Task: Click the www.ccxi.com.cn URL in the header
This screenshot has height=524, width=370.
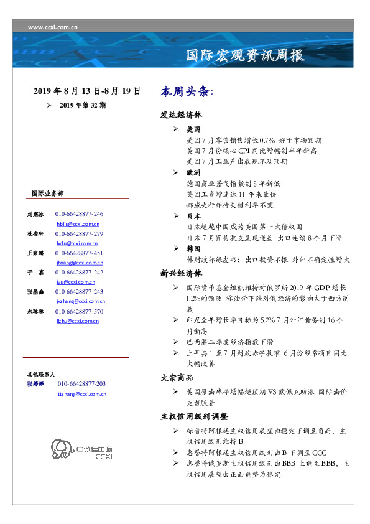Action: [53, 27]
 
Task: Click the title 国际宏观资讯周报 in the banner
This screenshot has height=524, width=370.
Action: [246, 55]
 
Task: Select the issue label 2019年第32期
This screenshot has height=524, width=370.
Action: [83, 106]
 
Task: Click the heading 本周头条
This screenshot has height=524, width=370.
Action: [187, 91]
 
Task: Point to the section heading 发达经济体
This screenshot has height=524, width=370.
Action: [181, 115]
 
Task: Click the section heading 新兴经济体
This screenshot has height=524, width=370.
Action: [181, 273]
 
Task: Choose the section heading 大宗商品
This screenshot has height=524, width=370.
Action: [177, 378]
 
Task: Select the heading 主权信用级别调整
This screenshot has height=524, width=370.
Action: [194, 416]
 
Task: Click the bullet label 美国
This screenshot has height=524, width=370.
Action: [193, 129]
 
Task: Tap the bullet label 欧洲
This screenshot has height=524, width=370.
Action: [193, 172]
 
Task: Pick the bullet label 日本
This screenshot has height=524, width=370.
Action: [193, 216]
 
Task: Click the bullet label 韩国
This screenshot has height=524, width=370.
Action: [193, 248]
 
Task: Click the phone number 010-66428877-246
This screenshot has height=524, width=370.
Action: [79, 213]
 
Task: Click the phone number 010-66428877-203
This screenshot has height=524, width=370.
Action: [81, 384]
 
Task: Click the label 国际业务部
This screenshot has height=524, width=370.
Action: [47, 193]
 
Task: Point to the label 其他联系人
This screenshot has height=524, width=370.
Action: [41, 375]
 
